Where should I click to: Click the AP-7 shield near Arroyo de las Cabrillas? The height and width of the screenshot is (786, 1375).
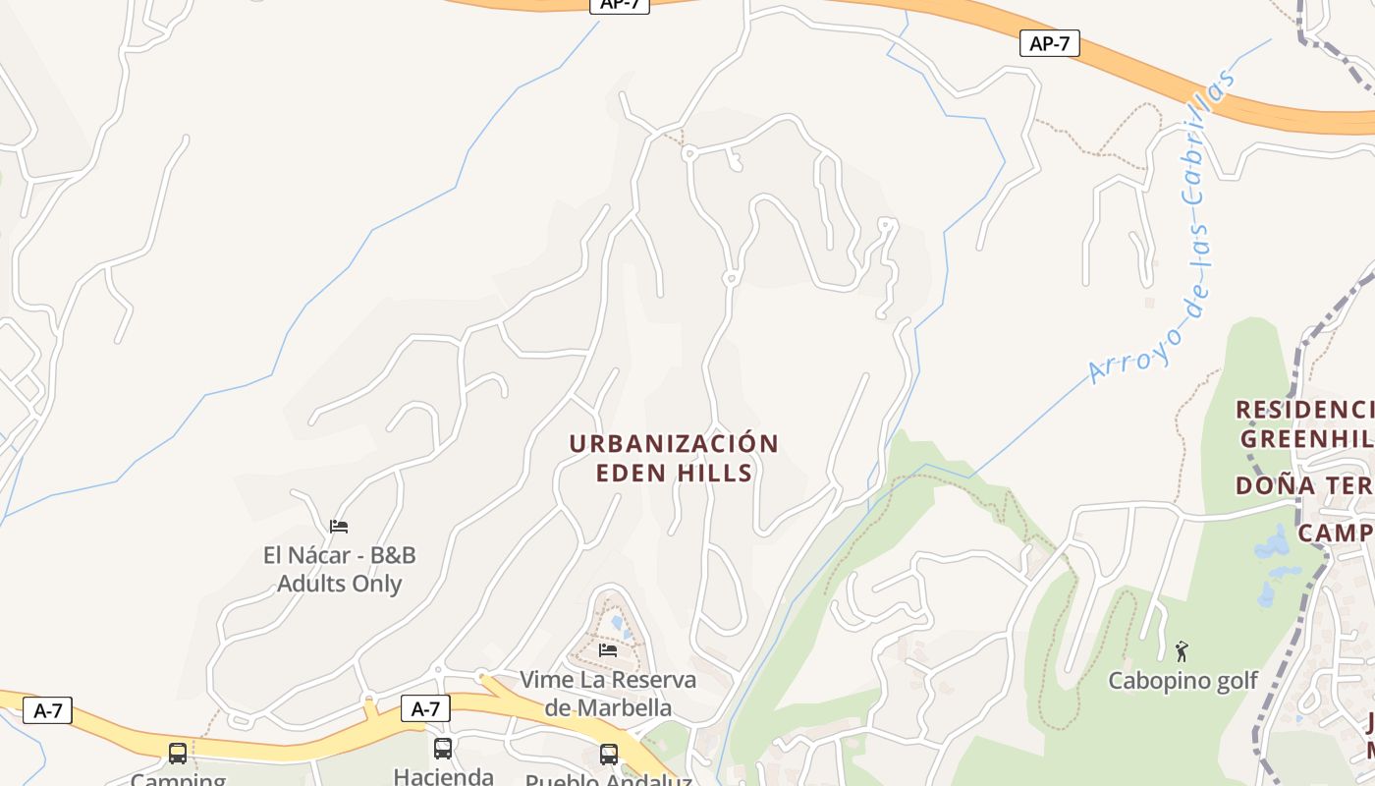[1049, 43]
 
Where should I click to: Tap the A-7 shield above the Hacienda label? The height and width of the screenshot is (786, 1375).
[425, 708]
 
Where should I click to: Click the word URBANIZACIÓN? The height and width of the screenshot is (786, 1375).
[674, 444]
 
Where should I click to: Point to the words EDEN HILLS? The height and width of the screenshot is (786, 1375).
[674, 473]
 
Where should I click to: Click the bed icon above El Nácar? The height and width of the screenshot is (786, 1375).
[339, 527]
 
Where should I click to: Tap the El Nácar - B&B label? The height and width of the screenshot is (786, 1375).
[339, 555]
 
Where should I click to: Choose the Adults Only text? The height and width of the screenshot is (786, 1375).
[339, 584]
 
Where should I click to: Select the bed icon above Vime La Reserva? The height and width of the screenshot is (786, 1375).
[608, 649]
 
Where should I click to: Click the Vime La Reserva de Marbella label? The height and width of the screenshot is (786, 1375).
[608, 693]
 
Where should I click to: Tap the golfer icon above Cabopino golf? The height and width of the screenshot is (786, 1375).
[1182, 650]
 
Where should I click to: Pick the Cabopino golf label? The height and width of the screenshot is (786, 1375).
[1182, 681]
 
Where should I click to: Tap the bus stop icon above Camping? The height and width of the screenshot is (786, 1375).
[178, 754]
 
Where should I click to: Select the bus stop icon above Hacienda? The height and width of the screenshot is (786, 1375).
[443, 749]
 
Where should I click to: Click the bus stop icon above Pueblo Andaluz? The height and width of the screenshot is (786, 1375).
[609, 754]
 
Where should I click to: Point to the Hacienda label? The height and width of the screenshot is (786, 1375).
[443, 775]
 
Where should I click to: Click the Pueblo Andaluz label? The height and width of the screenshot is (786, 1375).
[609, 780]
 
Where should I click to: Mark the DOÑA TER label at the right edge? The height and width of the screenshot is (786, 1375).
[1304, 485]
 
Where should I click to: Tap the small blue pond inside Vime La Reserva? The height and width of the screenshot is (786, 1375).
[616, 622]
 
